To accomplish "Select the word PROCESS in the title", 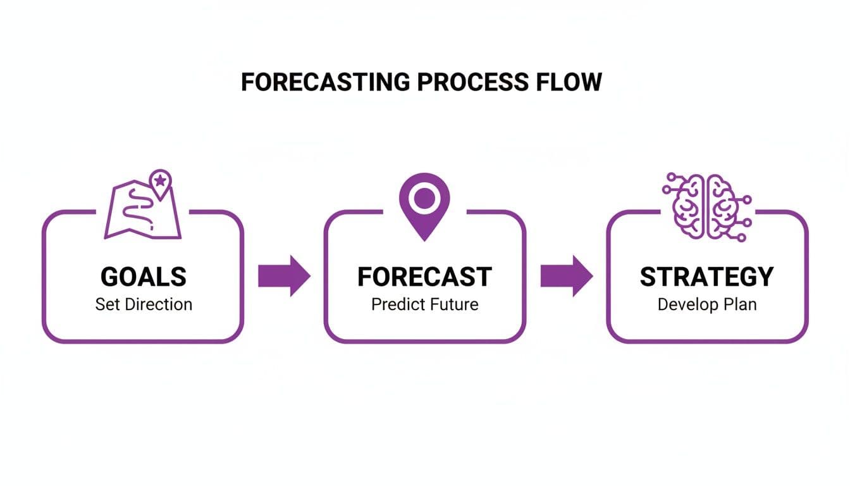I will (471, 83).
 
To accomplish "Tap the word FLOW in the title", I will (571, 83).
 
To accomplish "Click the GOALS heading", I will (144, 277).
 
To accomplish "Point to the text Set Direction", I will (144, 304).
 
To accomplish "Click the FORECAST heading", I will (424, 277).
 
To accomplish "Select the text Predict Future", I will (424, 304).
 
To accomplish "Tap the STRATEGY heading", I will (706, 277).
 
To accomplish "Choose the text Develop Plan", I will (706, 304).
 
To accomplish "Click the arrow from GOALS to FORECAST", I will (284, 276).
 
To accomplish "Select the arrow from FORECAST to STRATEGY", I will (566, 276).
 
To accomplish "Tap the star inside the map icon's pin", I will (160, 180).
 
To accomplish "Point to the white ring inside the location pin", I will (424, 199).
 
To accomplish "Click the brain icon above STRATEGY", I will (706, 206).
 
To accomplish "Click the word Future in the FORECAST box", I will (453, 304).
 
